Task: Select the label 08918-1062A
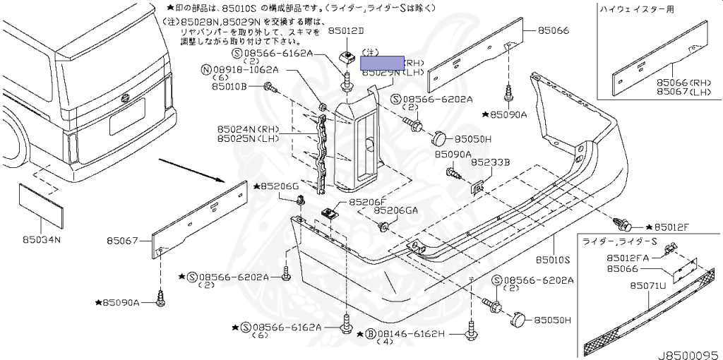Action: pos(246,71)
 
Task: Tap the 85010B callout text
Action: pos(229,86)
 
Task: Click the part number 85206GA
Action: pos(395,210)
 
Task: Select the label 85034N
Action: pos(44,239)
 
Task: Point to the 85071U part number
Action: pos(647,286)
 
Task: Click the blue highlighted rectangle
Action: pos(382,63)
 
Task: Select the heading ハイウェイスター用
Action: pos(633,9)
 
